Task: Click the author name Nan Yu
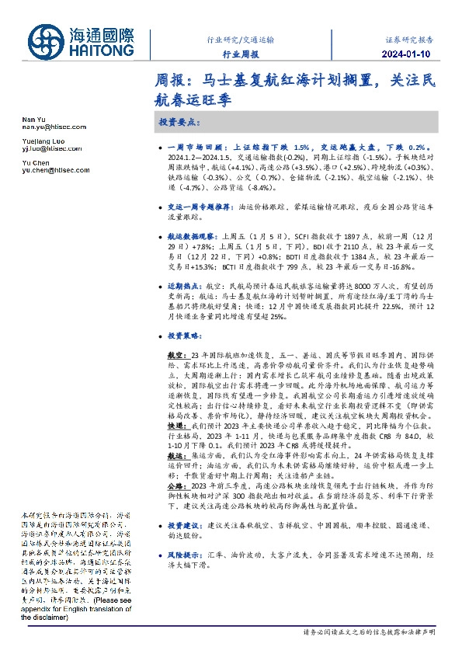coord(29,117)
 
